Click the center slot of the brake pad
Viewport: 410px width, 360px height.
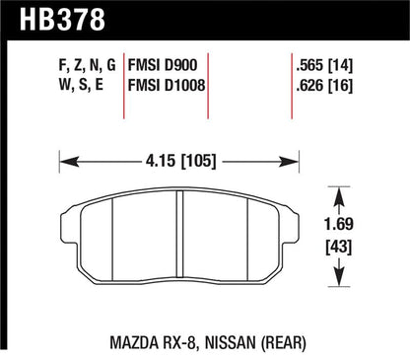[x=180, y=237]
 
